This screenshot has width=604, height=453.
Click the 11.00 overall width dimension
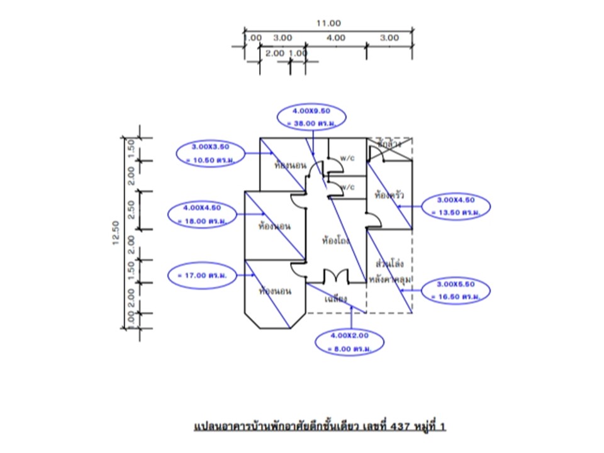pyautogui.click(x=328, y=23)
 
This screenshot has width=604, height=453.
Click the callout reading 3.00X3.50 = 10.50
pyautogui.click(x=211, y=153)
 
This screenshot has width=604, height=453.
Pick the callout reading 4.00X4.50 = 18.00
pyautogui.click(x=201, y=215)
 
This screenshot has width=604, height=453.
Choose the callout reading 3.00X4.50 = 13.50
pyautogui.click(x=457, y=206)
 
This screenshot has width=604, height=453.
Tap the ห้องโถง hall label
pyautogui.click(x=335, y=240)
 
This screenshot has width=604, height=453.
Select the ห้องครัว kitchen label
pyautogui.click(x=389, y=195)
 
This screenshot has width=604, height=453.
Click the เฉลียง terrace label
pyautogui.click(x=336, y=299)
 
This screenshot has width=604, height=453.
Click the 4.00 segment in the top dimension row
pyautogui.click(x=336, y=38)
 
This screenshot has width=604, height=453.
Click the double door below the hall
pyautogui.click(x=335, y=277)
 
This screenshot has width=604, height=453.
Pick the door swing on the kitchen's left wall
pyautogui.click(x=374, y=220)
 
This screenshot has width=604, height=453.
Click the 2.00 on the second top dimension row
pyautogui.click(x=275, y=53)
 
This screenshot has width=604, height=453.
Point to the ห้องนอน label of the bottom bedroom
pyautogui.click(x=275, y=291)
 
